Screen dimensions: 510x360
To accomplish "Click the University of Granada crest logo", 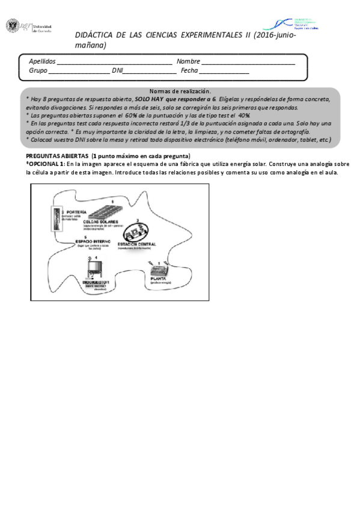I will (x=11, y=26).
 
